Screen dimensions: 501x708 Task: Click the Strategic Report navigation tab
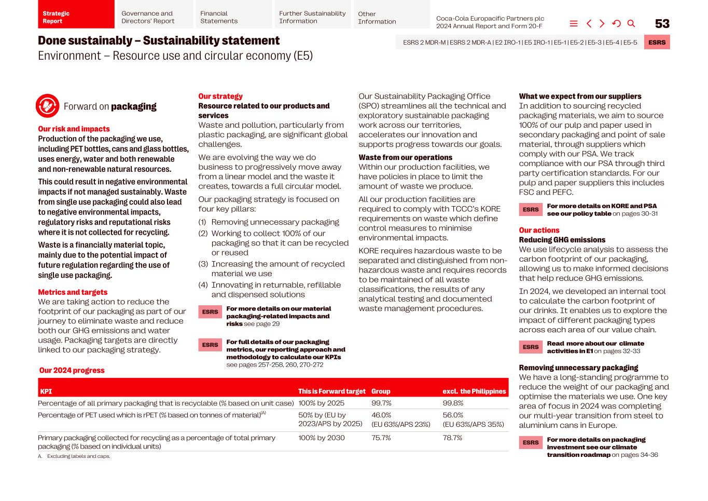[76, 17]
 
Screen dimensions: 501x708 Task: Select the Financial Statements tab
[232, 17]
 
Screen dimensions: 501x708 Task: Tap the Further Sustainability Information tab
[312, 17]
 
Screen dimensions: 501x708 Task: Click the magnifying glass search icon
[631, 23]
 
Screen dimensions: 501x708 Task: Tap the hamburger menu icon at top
[574, 23]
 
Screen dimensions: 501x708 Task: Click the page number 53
[662, 24]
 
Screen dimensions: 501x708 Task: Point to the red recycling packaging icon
[47, 106]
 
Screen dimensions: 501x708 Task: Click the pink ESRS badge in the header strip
[657, 43]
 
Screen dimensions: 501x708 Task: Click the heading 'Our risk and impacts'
[74, 129]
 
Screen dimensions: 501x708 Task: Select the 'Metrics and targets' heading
[73, 292]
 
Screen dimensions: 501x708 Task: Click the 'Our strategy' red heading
[220, 96]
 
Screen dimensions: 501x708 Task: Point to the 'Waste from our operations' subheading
[405, 157]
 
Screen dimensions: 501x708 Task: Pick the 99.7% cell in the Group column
[381, 403]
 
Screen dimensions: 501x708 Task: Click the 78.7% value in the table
[452, 438]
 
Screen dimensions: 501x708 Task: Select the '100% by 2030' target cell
[321, 438]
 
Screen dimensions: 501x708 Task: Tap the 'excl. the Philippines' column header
[474, 391]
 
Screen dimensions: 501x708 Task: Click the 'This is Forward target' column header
[331, 391]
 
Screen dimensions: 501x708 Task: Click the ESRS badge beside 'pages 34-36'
[531, 442]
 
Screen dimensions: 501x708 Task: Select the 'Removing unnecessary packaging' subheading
[578, 368]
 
